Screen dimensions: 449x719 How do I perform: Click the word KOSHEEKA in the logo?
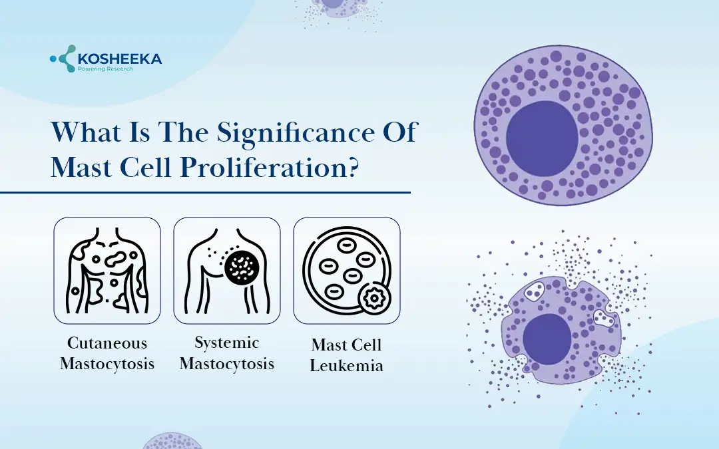(120, 59)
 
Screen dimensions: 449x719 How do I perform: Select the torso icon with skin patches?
(107, 271)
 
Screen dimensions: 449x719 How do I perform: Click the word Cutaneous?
(107, 344)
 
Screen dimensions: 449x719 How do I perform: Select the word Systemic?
(226, 343)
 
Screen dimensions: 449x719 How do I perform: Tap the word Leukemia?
(346, 365)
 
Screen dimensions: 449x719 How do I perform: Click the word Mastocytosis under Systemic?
(226, 364)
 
